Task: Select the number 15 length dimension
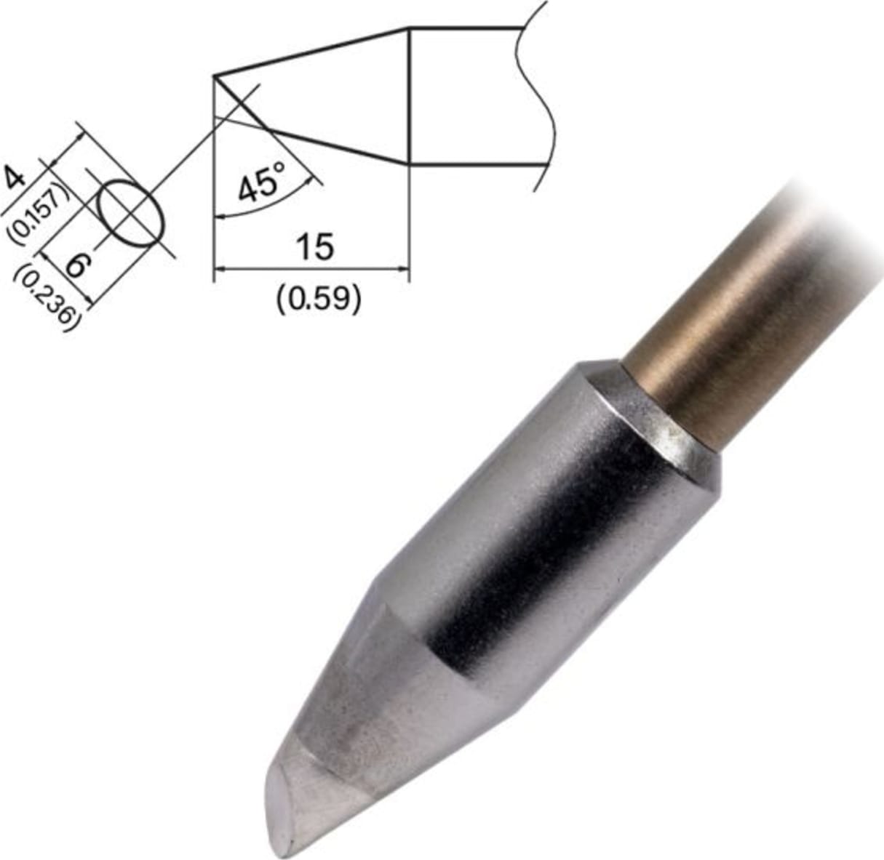[x=315, y=247]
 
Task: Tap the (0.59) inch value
[x=318, y=297]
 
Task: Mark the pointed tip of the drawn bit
[x=215, y=76]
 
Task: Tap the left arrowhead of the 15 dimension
[x=218, y=269]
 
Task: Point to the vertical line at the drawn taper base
[x=410, y=95]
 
